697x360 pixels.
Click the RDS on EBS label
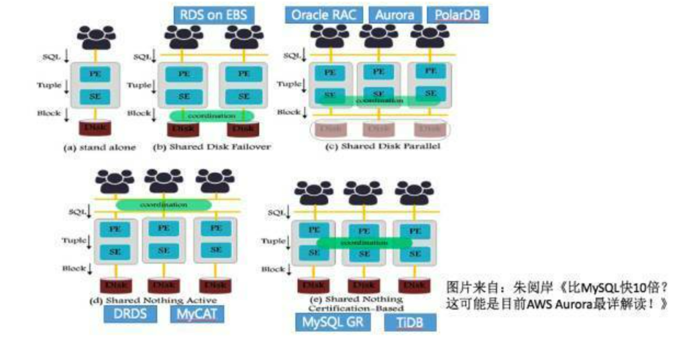point(214,15)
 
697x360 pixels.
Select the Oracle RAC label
point(323,15)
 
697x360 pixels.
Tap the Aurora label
point(395,15)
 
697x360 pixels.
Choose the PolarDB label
point(457,15)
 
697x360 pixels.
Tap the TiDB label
point(410,323)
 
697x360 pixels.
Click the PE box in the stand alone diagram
point(95,73)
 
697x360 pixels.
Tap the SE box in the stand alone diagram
point(95,97)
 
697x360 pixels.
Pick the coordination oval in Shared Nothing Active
point(163,204)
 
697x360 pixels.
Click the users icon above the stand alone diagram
point(96,37)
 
